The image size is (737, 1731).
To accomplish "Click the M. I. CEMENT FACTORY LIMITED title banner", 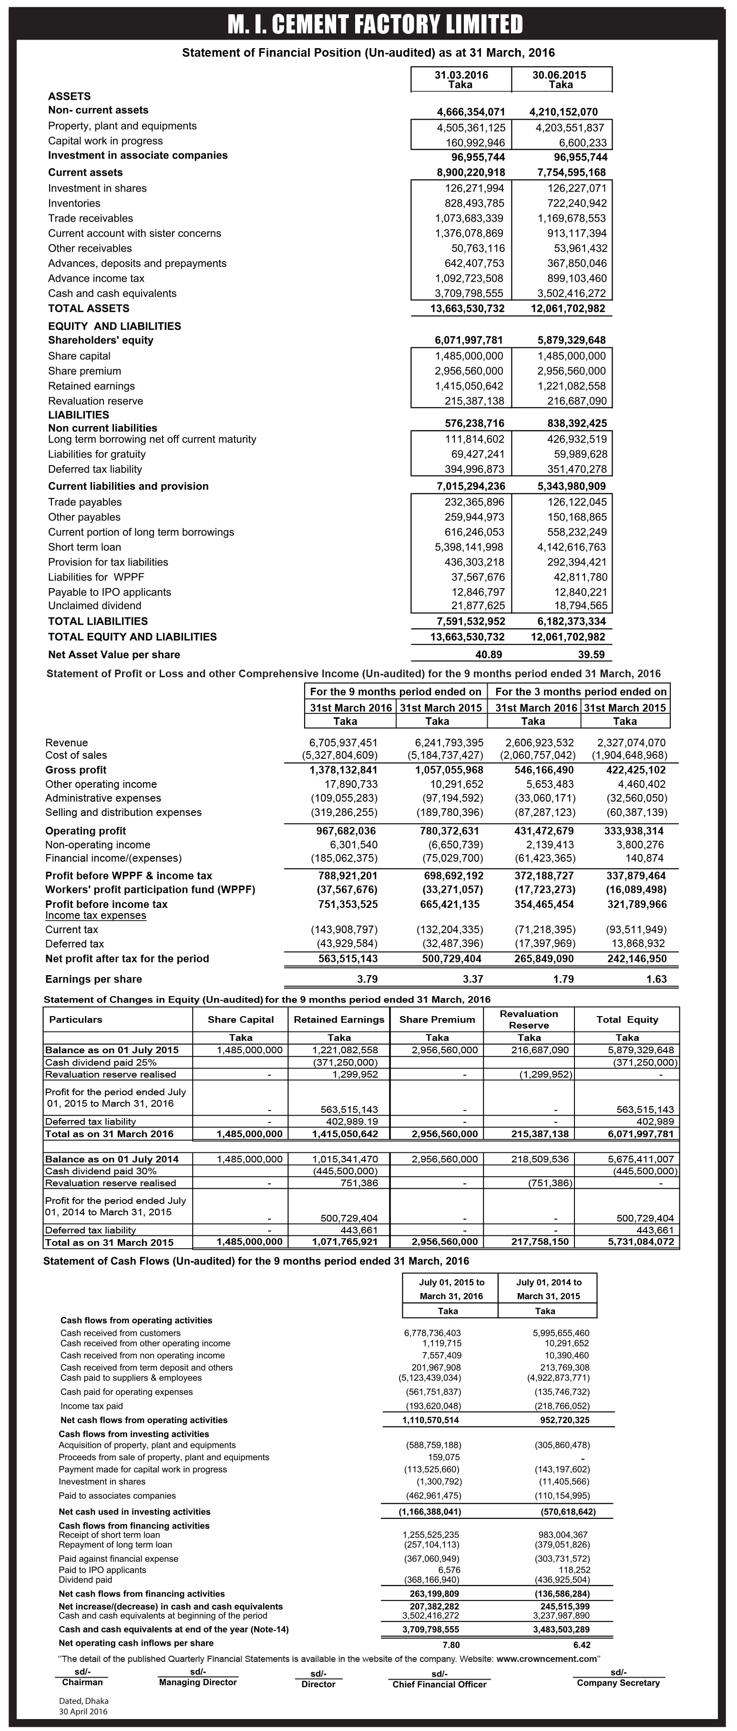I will (375, 24).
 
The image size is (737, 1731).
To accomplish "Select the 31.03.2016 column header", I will (461, 79).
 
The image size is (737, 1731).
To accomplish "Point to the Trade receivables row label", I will (91, 218).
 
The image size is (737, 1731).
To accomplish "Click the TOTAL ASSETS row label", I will (89, 308).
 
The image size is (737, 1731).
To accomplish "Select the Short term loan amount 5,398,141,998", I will (469, 547).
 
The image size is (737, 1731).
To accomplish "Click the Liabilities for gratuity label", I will (97, 454).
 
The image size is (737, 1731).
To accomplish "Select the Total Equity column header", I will (627, 1019).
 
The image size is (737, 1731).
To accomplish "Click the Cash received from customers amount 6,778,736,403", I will (432, 1333).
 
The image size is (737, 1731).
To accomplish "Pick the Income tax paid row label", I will (92, 1406).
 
